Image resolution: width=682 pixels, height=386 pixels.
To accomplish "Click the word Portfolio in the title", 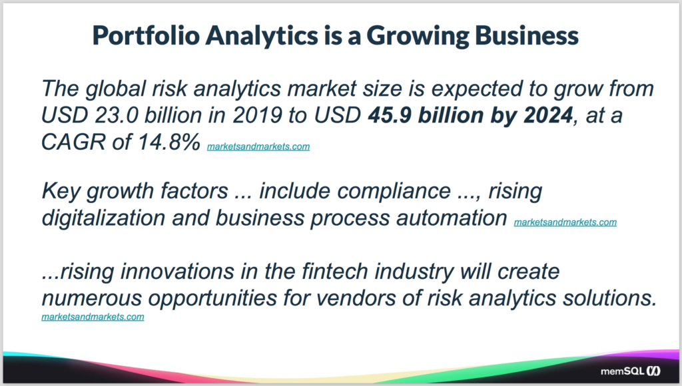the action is (x=146, y=35).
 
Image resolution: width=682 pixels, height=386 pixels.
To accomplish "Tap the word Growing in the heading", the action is (x=418, y=36).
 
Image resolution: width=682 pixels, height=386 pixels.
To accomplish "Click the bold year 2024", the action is (x=548, y=115).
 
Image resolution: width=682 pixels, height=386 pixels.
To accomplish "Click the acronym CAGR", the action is (x=73, y=142).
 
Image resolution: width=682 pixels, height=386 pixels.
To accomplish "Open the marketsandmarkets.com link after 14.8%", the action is (x=258, y=146).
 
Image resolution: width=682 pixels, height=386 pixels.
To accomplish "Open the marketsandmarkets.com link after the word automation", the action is (x=565, y=222).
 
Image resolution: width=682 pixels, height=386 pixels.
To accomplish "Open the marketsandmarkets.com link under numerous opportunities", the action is (x=93, y=317).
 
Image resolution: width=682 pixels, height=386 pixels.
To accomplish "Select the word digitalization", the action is (x=103, y=218).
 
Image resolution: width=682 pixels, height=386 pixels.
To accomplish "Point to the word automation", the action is (x=452, y=218).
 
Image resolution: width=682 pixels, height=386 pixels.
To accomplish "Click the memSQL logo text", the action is (x=622, y=371).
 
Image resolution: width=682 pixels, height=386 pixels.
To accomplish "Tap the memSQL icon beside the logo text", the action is (x=653, y=371).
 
